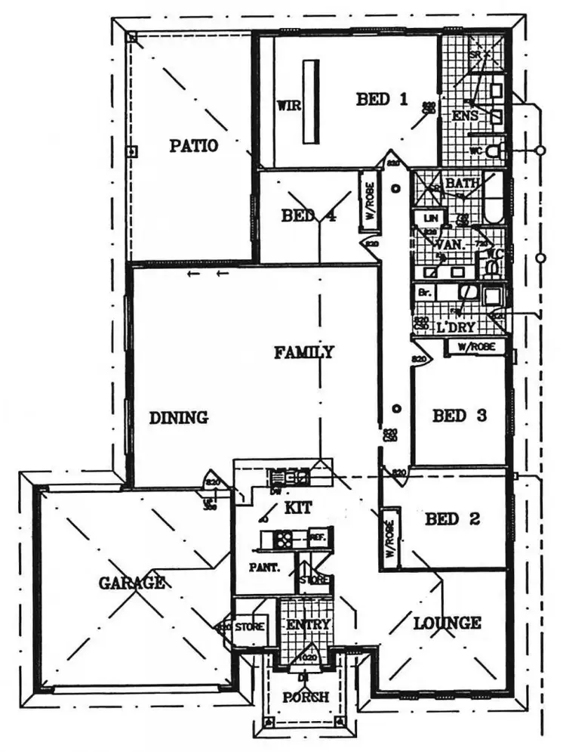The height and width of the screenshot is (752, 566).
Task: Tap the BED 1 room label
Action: (382, 99)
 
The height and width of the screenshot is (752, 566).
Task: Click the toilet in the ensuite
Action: (494, 152)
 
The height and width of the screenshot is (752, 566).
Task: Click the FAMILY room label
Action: (303, 352)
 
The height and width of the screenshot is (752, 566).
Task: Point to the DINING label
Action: (178, 417)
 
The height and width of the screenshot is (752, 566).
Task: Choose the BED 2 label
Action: (452, 519)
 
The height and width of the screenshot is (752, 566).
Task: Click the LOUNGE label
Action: (447, 624)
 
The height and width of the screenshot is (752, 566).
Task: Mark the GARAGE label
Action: (131, 583)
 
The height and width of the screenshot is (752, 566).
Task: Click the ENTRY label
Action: (308, 625)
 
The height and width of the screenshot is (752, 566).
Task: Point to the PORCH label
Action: (306, 697)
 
